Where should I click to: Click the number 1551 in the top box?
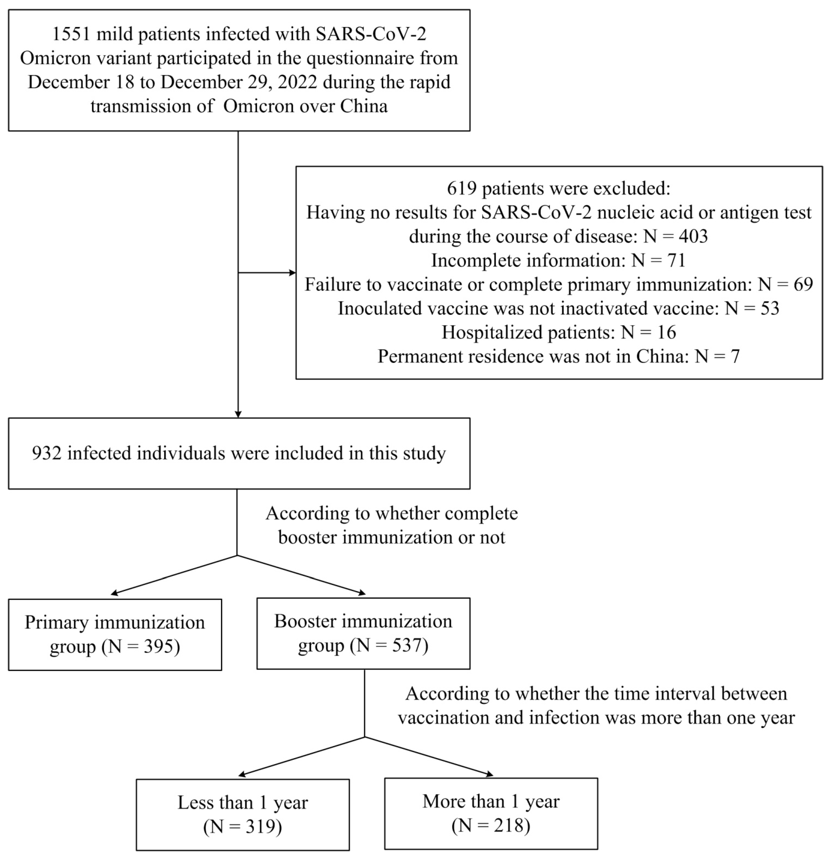pos(71,34)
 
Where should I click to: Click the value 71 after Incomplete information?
pos(677,261)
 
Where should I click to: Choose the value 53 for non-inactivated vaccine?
pos(770,309)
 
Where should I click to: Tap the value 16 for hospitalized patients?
pos(667,333)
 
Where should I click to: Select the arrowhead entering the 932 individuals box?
pos(238,414)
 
